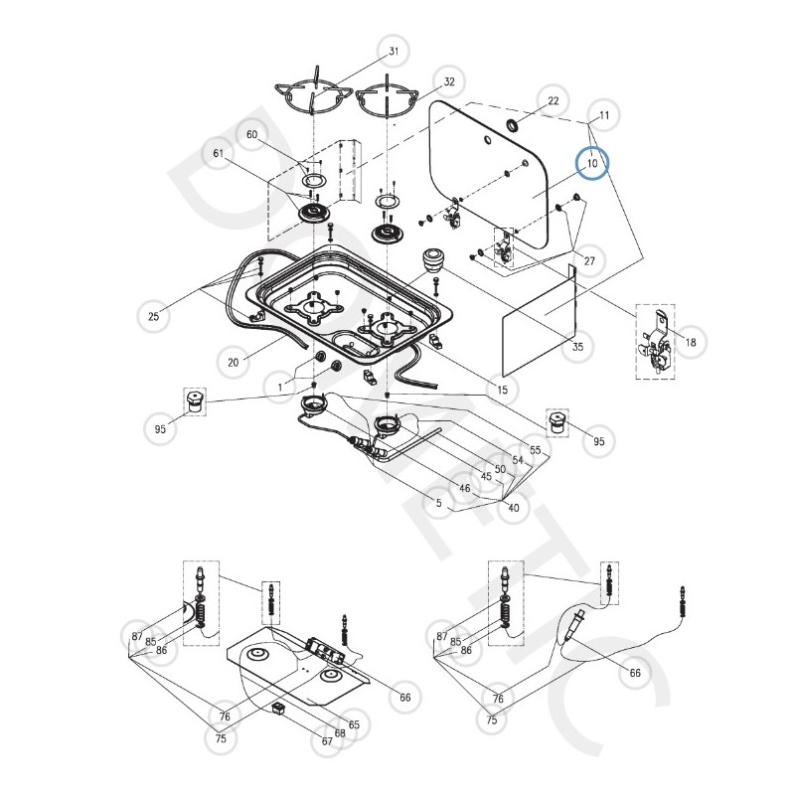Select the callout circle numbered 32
click(449, 81)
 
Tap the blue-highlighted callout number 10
click(592, 162)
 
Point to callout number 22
click(554, 101)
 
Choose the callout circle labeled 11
click(604, 116)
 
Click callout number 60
click(251, 134)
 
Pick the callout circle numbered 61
click(220, 153)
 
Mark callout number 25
click(153, 316)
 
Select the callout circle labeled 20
click(234, 363)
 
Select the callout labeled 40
click(514, 508)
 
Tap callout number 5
click(438, 504)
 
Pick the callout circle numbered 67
click(326, 741)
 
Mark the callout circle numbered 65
click(354, 724)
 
